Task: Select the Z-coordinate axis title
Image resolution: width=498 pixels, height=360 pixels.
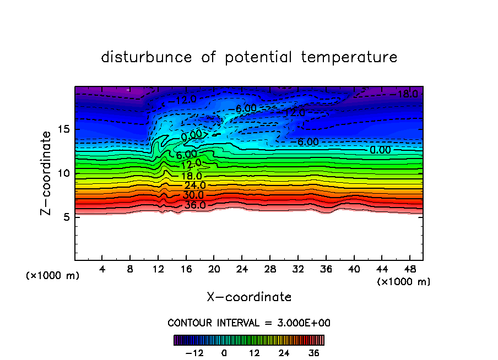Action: click(47, 173)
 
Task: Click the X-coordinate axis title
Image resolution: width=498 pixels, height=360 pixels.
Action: click(249, 297)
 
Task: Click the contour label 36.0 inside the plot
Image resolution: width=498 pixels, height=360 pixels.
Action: click(194, 205)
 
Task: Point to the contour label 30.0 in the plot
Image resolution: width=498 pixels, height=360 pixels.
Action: click(193, 195)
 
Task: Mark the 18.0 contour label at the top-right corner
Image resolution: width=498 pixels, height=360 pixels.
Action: click(408, 94)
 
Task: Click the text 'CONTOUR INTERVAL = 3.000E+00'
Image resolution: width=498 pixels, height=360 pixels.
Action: click(249, 323)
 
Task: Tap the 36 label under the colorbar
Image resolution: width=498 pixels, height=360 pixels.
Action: click(314, 353)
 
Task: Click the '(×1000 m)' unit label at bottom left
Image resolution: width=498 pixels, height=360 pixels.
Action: click(53, 276)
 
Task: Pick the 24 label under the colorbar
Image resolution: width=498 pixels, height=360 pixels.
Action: click(284, 353)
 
